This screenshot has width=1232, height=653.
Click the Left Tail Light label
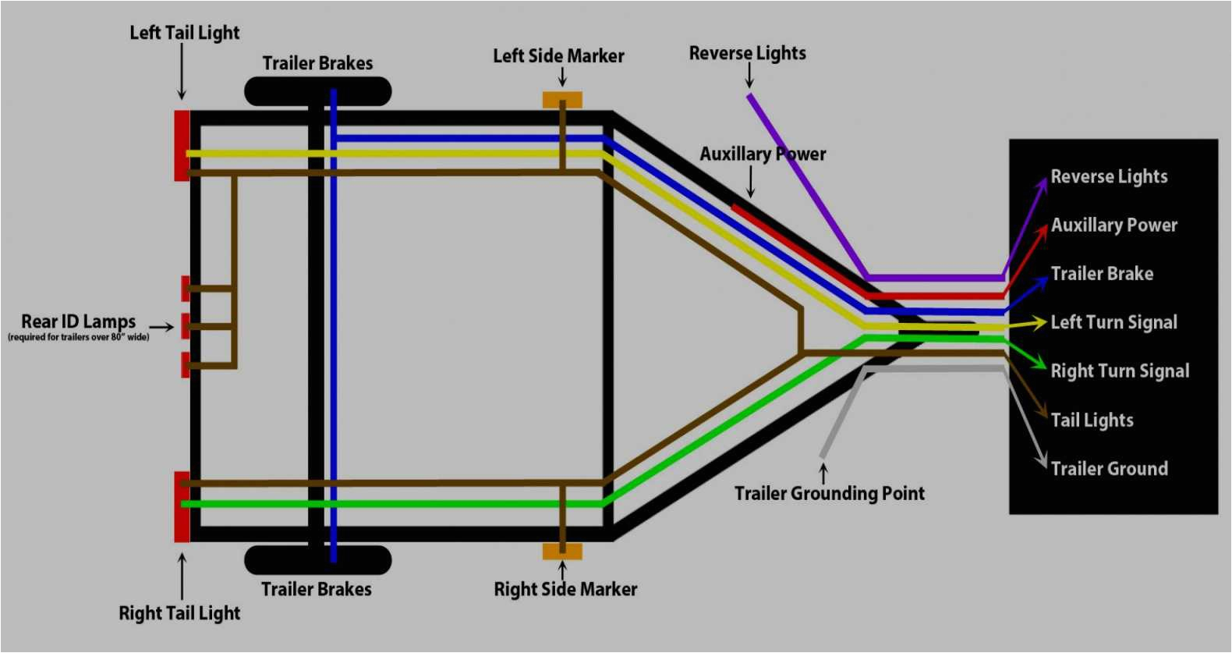[x=184, y=33]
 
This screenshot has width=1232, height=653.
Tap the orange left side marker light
[x=562, y=100]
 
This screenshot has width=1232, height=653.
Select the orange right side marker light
[x=562, y=552]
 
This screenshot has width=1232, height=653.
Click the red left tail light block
[x=182, y=146]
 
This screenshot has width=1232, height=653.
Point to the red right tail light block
[x=182, y=506]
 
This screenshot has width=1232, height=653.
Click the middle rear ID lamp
[x=186, y=326]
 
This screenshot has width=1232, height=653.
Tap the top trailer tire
[x=318, y=91]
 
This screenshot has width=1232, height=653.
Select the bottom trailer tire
[x=318, y=559]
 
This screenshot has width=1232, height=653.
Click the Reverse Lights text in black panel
[x=1109, y=177]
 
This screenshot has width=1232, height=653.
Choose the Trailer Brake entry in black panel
[x=1102, y=274]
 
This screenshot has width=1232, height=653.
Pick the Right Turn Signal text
[x=1120, y=371]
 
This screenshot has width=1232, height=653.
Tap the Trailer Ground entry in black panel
[x=1109, y=469]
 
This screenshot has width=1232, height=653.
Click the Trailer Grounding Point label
[x=829, y=493]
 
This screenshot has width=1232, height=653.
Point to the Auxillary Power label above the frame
[x=762, y=154]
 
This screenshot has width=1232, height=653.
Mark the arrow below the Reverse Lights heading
[x=749, y=75]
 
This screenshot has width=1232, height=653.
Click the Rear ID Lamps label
[x=78, y=321]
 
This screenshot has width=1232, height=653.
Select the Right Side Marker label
[x=565, y=590]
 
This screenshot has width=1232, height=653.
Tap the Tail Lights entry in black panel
[x=1092, y=421]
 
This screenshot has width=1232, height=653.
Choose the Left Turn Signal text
[x=1113, y=322]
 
